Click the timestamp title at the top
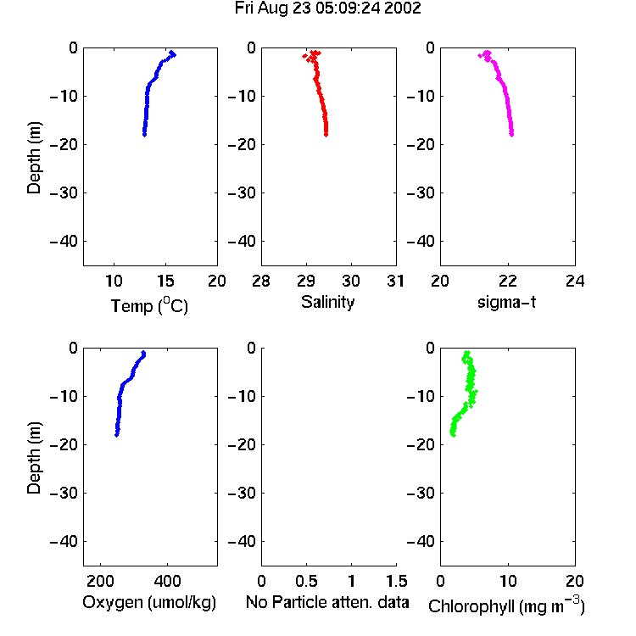[x=327, y=8]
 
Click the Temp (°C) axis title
[x=149, y=305]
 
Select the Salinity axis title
[x=327, y=302]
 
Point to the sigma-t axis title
[x=506, y=302]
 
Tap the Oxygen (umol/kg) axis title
[x=149, y=602]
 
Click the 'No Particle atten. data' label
[x=327, y=602]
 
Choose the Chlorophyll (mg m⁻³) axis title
[x=506, y=605]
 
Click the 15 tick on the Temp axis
[x=165, y=281]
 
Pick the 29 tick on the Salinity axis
[x=306, y=281]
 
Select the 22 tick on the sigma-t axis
[x=508, y=281]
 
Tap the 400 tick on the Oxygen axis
[x=167, y=581]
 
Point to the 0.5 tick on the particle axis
[x=306, y=581]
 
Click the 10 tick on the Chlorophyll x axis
[x=508, y=581]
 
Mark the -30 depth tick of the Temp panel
[x=64, y=192]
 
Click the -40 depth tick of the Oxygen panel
[x=64, y=541]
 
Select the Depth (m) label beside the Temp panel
[x=34, y=158]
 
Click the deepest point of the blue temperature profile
[x=144, y=134]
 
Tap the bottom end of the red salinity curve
[x=326, y=134]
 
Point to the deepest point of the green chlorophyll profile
[x=453, y=435]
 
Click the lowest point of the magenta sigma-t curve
[x=511, y=134]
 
